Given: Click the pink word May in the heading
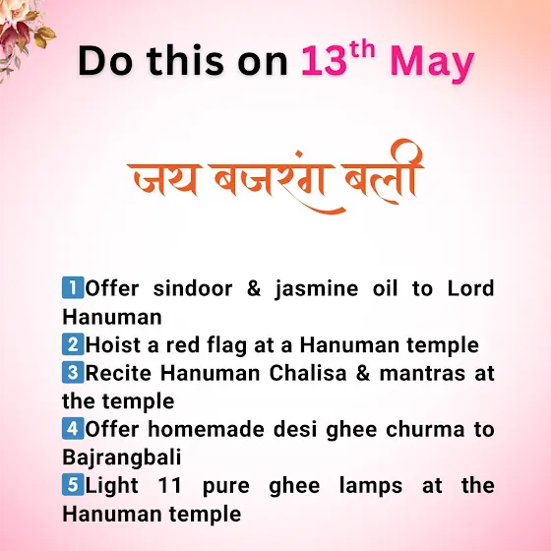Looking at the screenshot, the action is point(432,63).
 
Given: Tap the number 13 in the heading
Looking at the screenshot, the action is point(324,60).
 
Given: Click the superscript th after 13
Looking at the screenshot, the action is point(362,50).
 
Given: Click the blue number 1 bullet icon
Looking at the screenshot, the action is point(73,287).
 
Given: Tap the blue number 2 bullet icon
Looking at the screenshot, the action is point(73,344).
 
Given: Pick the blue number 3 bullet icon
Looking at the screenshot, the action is point(73,372).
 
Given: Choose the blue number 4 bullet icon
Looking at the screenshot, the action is point(73,428).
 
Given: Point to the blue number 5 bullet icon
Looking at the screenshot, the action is point(73,484).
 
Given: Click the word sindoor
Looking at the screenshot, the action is point(193,288).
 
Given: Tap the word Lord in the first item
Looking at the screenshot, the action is point(471,288).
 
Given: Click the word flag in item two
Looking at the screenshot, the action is point(226,346).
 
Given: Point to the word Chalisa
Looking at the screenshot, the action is point(308,373).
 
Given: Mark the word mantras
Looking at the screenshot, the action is point(422,374).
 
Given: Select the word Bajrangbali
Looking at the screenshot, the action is point(122,459).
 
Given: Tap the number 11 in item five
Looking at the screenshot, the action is point(169,486).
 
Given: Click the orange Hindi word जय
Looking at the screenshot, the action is point(164,178).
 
